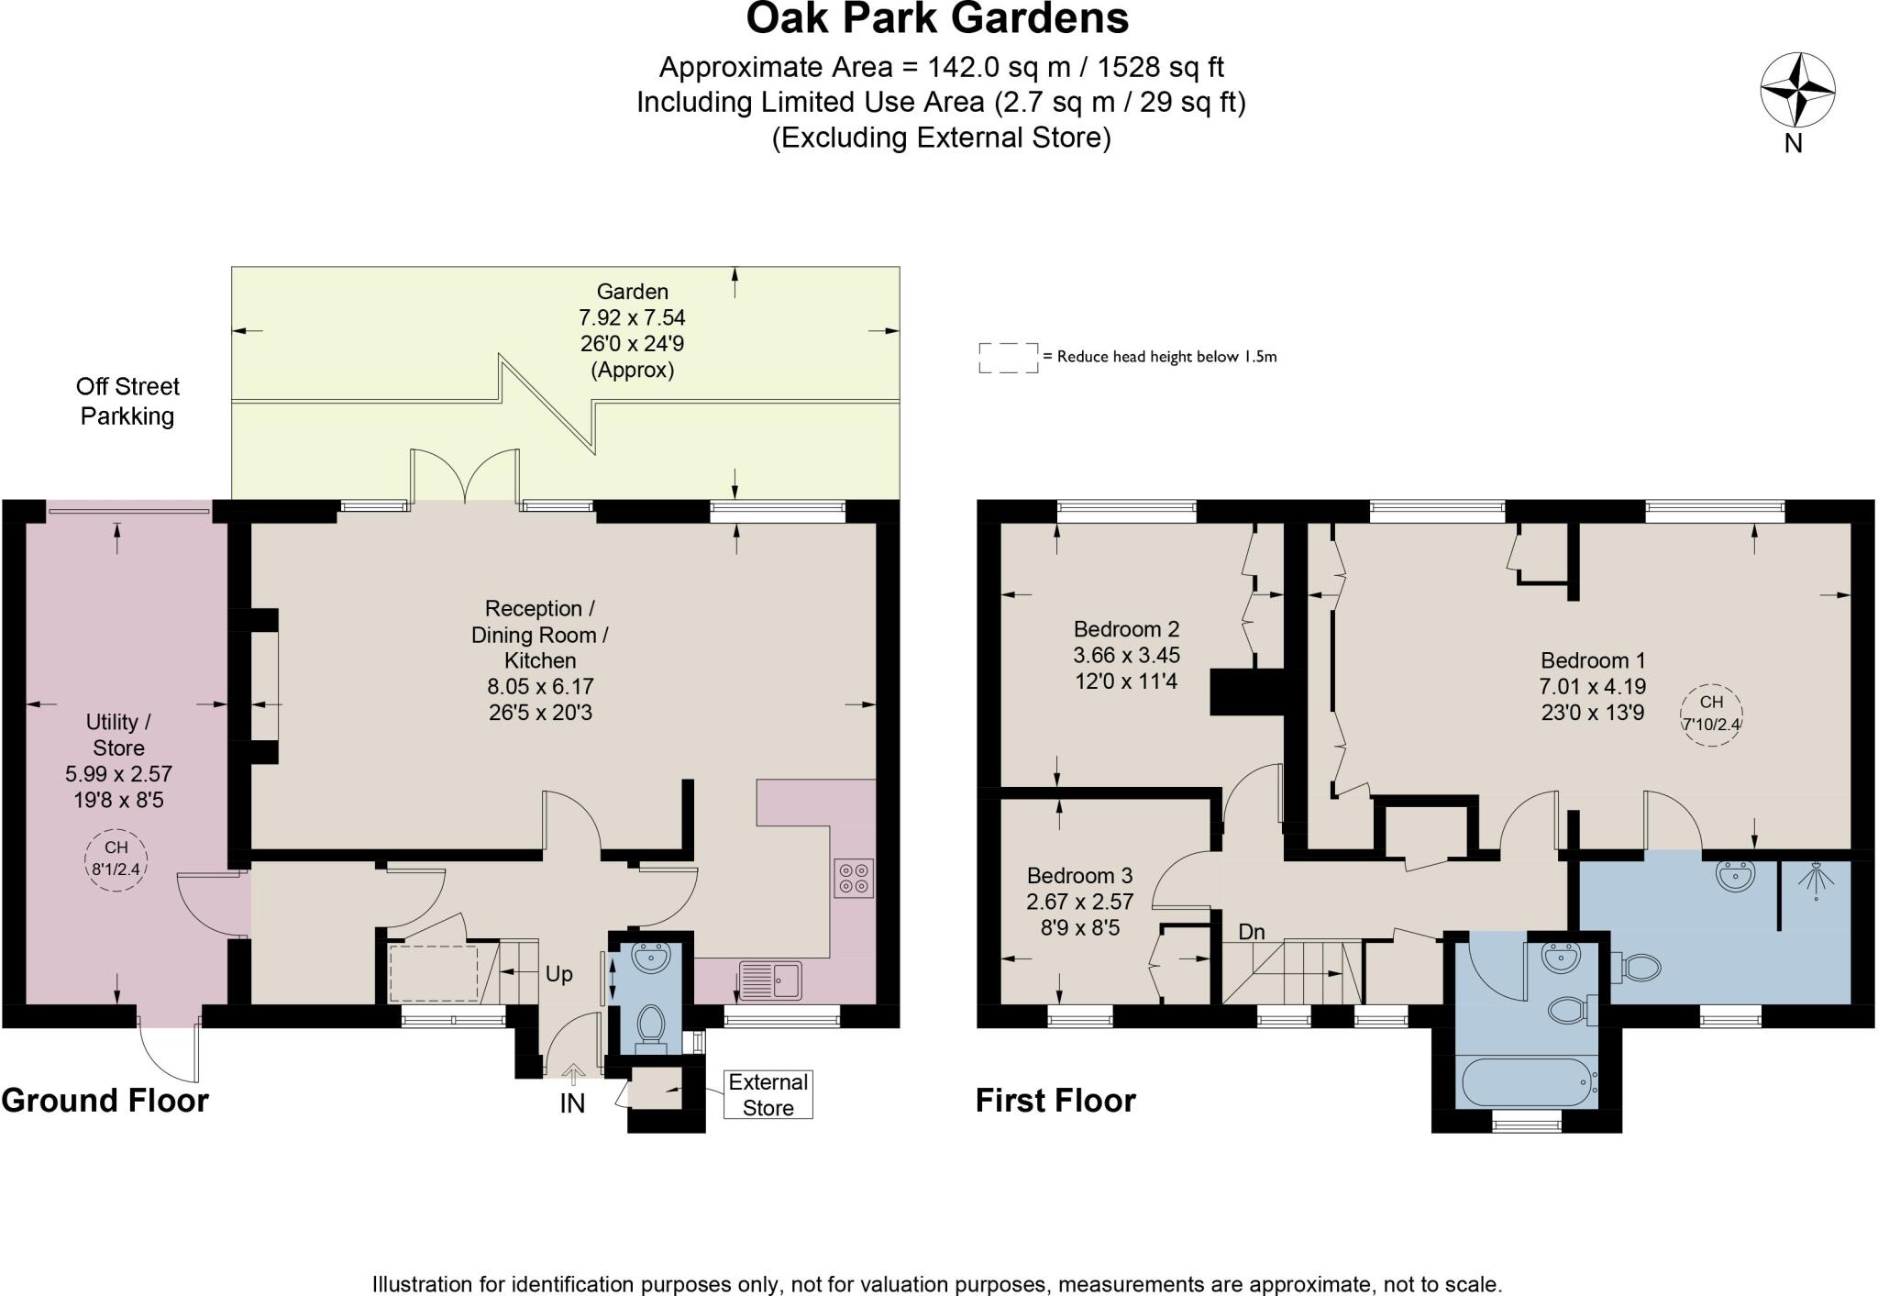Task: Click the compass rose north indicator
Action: click(1797, 91)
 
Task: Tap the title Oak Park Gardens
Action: click(937, 18)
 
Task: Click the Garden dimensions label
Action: click(632, 330)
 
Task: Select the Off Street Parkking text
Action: click(127, 401)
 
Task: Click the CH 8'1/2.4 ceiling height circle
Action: click(116, 861)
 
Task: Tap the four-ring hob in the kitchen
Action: click(854, 878)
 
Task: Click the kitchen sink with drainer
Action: click(770, 980)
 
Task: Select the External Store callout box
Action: click(768, 1094)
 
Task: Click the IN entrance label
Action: click(572, 1103)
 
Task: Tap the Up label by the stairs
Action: click(558, 974)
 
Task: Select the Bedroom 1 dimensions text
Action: click(1593, 699)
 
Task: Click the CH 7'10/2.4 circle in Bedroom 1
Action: click(1711, 715)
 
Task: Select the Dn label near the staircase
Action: click(1252, 932)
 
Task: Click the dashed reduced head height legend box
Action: click(1008, 358)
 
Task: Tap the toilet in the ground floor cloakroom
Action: click(651, 1026)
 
